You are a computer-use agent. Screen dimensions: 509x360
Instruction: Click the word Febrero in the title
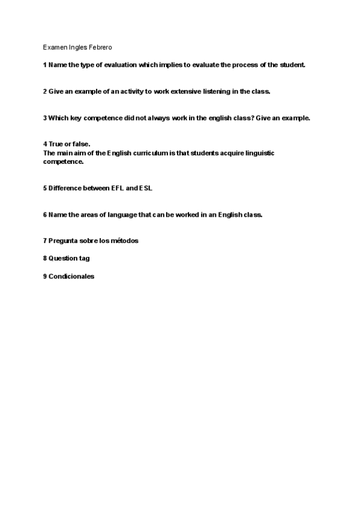(x=100, y=46)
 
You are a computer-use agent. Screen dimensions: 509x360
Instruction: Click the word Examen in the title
(x=54, y=46)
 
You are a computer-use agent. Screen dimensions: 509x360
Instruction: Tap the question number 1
(x=45, y=64)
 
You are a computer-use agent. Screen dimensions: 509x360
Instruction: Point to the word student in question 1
(x=292, y=64)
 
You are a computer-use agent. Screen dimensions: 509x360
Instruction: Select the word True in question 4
(x=56, y=145)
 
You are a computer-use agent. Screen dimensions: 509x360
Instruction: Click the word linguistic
(x=258, y=153)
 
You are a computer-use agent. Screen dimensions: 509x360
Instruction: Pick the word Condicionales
(x=71, y=276)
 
